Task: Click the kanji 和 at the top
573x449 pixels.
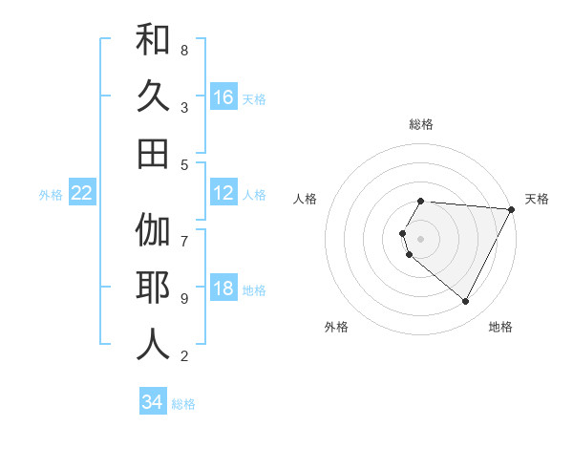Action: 153,40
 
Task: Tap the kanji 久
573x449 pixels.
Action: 153,96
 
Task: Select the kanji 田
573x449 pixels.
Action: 153,154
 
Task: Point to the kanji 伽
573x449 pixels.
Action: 153,231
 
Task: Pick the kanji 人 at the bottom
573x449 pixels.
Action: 153,345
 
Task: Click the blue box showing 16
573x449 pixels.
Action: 223,96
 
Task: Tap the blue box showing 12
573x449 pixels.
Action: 223,193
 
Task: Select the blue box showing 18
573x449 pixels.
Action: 223,289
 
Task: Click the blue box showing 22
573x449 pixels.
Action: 82,193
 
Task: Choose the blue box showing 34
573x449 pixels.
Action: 153,402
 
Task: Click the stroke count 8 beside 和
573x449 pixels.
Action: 184,50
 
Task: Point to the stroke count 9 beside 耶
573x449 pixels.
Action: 184,298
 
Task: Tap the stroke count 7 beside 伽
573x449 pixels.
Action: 184,232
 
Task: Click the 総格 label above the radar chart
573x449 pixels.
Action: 421,124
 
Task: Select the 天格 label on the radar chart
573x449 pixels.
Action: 537,199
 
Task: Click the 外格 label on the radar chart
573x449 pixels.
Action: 336,327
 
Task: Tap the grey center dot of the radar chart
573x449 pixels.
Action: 421,238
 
